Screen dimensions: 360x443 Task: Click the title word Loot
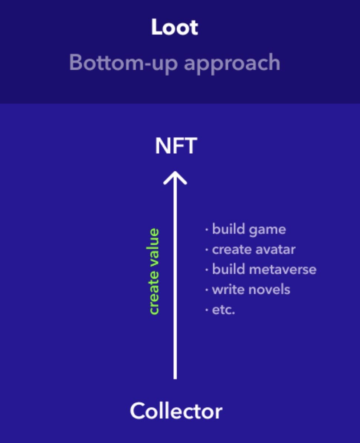[175, 27]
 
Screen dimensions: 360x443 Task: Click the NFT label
[176, 146]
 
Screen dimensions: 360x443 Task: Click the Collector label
[176, 411]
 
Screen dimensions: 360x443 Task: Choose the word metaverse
[282, 269]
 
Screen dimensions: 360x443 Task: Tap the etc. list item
[223, 310]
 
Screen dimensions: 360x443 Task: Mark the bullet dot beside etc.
[207, 310]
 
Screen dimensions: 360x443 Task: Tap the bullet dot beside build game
[207, 230]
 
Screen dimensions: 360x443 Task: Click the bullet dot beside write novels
[207, 290]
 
